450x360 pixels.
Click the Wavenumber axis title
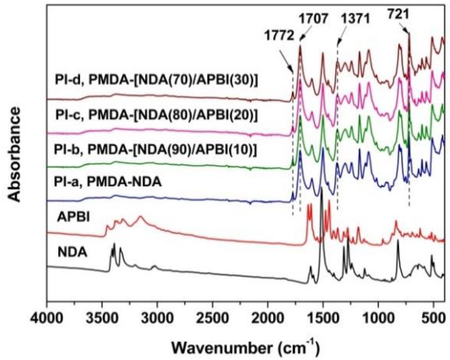click(246, 347)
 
